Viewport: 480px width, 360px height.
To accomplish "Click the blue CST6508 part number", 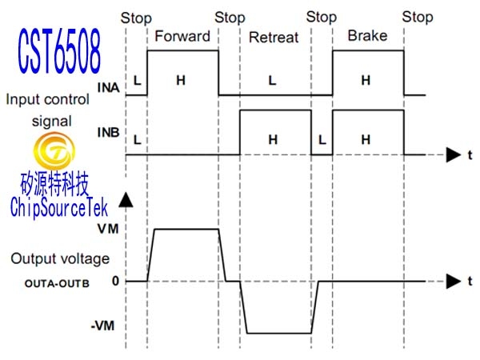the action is point(59,51).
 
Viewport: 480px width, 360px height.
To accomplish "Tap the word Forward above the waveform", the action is point(182,36).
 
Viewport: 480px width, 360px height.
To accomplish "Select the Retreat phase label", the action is point(274,38).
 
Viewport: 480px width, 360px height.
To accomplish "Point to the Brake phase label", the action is point(367,35).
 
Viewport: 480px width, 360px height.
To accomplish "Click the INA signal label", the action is point(108,88).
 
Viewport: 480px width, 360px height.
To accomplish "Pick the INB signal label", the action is point(108,133).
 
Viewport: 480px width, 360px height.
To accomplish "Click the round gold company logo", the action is point(54,150).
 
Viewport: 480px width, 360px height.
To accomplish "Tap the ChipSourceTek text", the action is point(58,207).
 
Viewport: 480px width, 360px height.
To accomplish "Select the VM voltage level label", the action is point(108,229).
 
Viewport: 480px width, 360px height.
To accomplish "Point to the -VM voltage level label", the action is point(102,326).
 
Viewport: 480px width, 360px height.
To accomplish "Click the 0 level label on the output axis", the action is point(115,281).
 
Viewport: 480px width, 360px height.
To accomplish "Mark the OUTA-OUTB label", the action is point(57,283).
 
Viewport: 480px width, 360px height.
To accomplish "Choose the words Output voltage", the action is point(60,259).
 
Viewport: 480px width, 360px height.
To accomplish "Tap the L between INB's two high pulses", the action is point(322,140).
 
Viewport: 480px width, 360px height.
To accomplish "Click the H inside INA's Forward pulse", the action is point(181,80).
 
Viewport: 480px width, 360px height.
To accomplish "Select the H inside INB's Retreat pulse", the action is point(273,139).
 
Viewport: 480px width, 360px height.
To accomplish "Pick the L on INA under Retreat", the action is point(272,81).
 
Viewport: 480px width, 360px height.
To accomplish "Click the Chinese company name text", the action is point(54,184).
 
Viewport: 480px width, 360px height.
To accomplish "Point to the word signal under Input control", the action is point(52,122).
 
